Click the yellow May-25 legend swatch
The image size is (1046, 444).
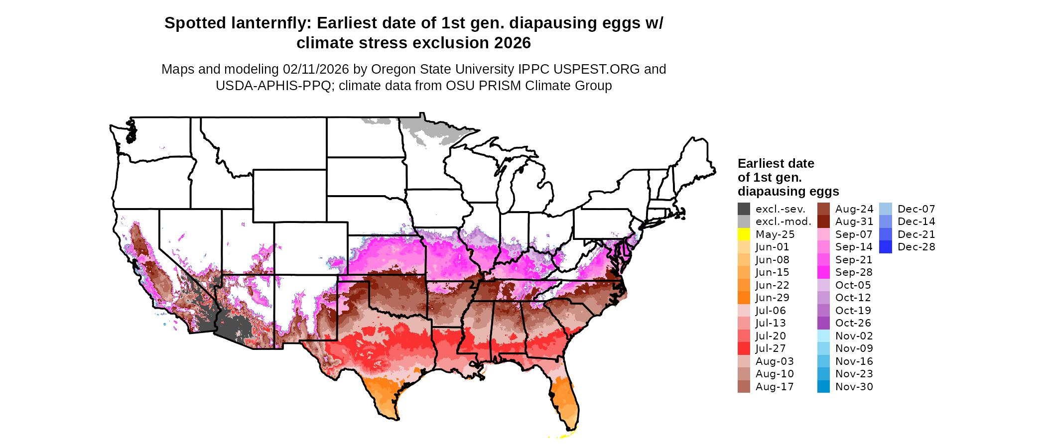click(744, 234)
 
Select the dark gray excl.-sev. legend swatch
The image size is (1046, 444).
click(744, 209)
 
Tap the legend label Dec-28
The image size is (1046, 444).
click(916, 247)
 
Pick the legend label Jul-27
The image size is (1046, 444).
click(771, 348)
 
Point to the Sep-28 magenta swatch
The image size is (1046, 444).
click(823, 272)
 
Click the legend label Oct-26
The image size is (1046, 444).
click(853, 323)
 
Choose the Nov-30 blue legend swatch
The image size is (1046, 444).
click(823, 387)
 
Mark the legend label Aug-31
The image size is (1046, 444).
click(854, 222)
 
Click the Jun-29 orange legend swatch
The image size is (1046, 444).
click(744, 298)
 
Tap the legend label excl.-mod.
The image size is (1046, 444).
click(783, 222)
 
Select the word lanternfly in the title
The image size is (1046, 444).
click(268, 23)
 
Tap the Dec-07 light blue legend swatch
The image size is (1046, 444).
click(886, 209)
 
